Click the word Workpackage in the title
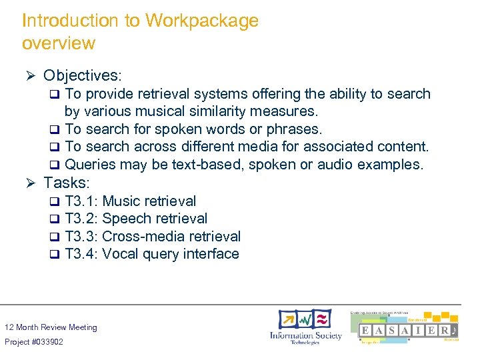201,21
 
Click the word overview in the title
59,44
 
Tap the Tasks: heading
67,182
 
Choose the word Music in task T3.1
121,201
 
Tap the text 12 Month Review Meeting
51,327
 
